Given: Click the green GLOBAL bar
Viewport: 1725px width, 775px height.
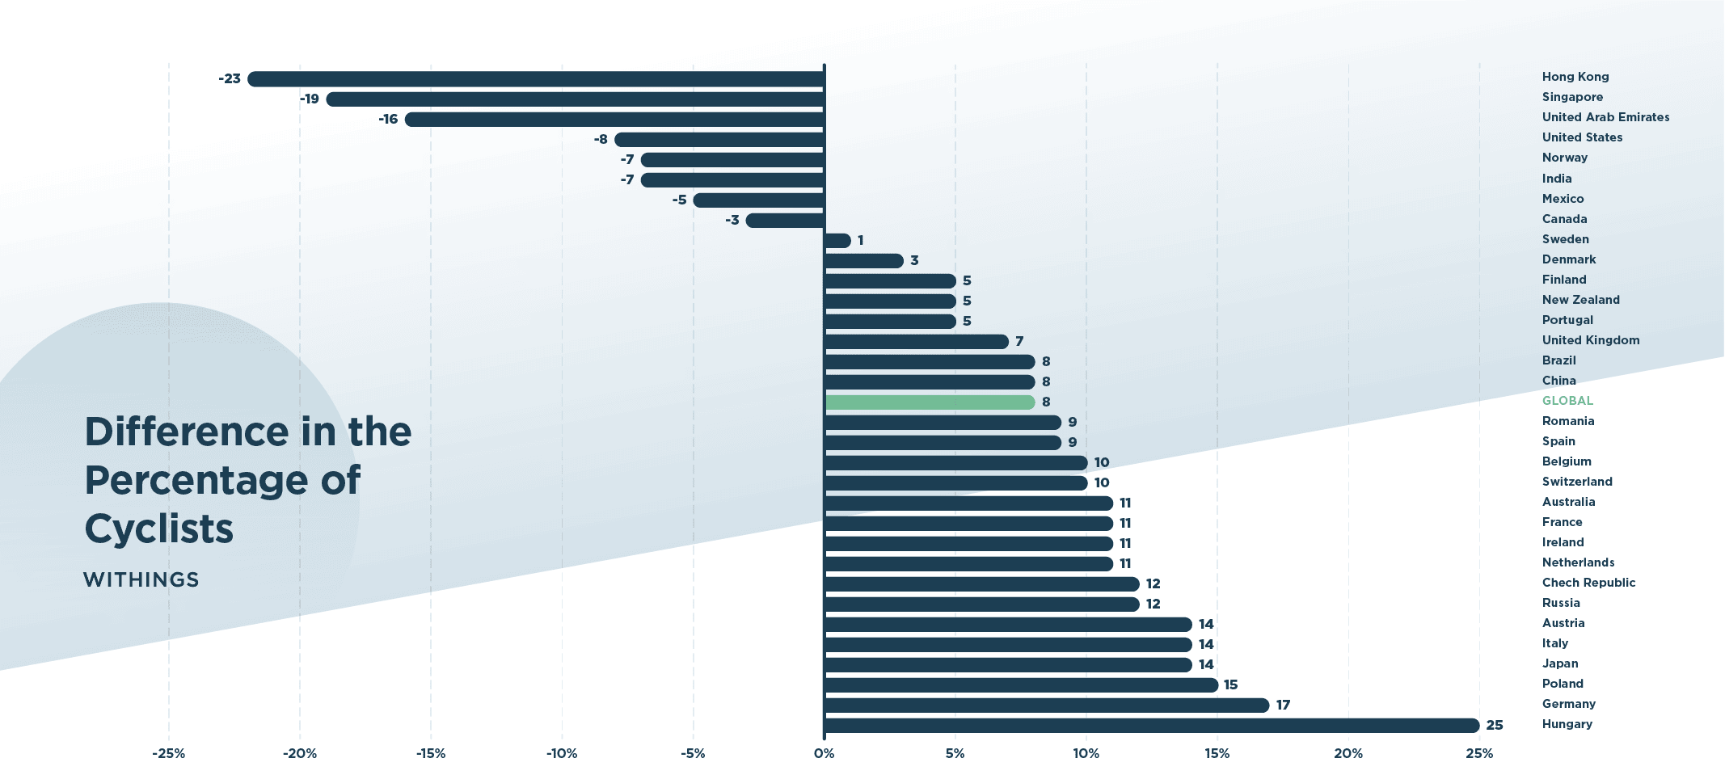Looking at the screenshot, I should coord(930,402).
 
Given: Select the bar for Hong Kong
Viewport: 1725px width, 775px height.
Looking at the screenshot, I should coord(536,79).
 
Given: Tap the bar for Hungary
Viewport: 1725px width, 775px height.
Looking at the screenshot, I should coord(1152,726).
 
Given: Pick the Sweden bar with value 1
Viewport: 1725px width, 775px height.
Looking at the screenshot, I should coord(838,241).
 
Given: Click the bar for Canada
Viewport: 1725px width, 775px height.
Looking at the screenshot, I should coord(785,221).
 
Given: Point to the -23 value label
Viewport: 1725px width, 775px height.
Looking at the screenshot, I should coord(230,79).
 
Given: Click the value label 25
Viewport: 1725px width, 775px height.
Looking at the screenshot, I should coord(1495,726).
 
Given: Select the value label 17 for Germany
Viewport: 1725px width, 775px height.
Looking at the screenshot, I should coord(1283,706).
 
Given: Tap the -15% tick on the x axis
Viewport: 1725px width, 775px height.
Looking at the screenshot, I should coord(431,754).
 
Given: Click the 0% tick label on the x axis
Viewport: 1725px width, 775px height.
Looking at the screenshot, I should coord(824,754).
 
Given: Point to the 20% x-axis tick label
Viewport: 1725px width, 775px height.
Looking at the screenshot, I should coord(1348,754).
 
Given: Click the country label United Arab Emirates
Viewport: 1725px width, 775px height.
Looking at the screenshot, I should coord(1605,117).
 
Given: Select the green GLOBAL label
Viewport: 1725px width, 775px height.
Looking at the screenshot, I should coord(1567,401).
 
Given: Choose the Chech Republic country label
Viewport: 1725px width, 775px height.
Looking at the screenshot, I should coord(1588,583).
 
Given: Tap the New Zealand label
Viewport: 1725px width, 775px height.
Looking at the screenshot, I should coord(1580,300).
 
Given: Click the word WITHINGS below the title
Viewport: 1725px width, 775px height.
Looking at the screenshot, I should coord(141,580).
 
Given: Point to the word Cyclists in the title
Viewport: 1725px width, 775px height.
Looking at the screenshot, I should coord(159,529).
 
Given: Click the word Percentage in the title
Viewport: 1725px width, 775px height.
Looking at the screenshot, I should coord(196,481).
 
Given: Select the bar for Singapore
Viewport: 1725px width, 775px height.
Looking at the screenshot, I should coord(575,99).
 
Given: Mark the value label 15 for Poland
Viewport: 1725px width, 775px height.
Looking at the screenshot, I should coord(1230,685).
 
